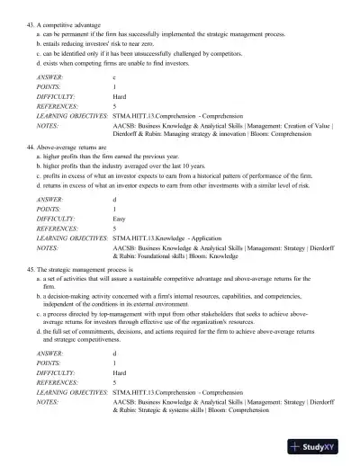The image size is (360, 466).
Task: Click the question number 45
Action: point(31,269)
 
